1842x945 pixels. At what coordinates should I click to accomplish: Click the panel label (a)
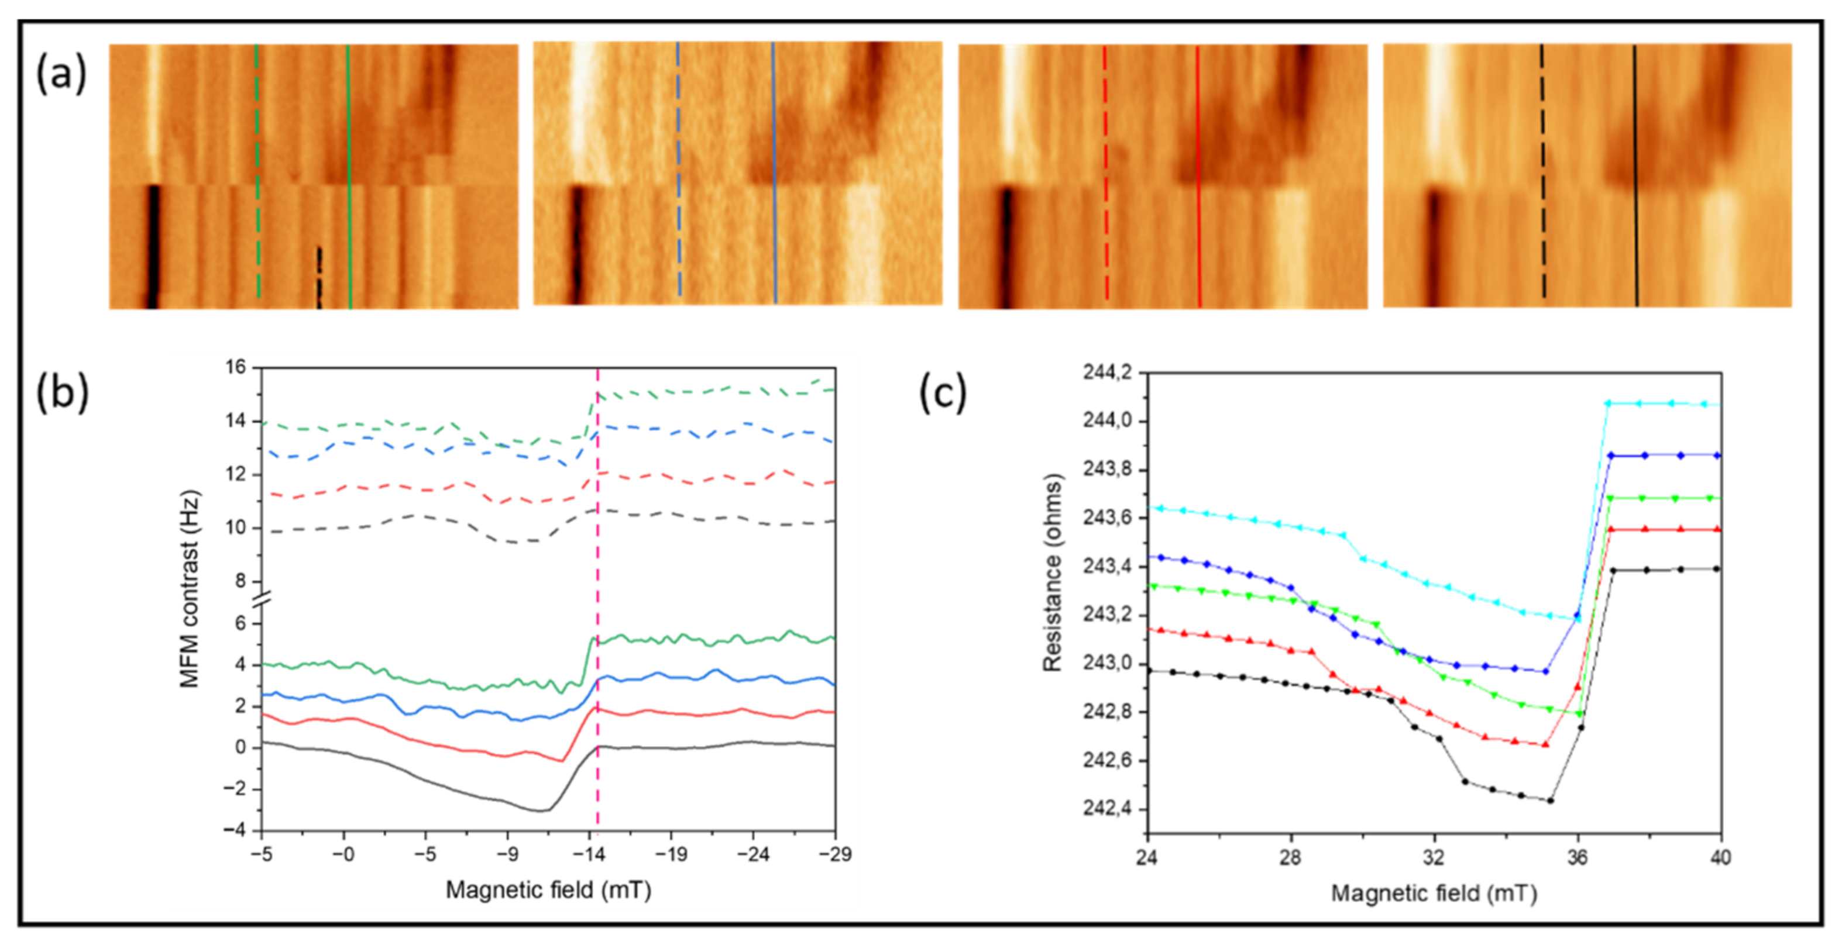(x=61, y=74)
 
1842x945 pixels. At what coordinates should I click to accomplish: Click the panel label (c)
(x=943, y=392)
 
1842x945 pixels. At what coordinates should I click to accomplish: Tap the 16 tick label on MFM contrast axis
(x=235, y=367)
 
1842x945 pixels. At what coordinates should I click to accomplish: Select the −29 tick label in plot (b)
(x=834, y=854)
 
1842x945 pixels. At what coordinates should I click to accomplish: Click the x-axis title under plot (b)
(x=548, y=890)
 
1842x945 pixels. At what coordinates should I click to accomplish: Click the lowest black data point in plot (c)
(x=1549, y=801)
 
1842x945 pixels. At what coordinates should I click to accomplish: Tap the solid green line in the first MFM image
(x=349, y=179)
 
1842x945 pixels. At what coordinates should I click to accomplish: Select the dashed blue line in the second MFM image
(x=679, y=171)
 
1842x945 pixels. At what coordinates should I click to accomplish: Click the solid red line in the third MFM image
(x=1198, y=179)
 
